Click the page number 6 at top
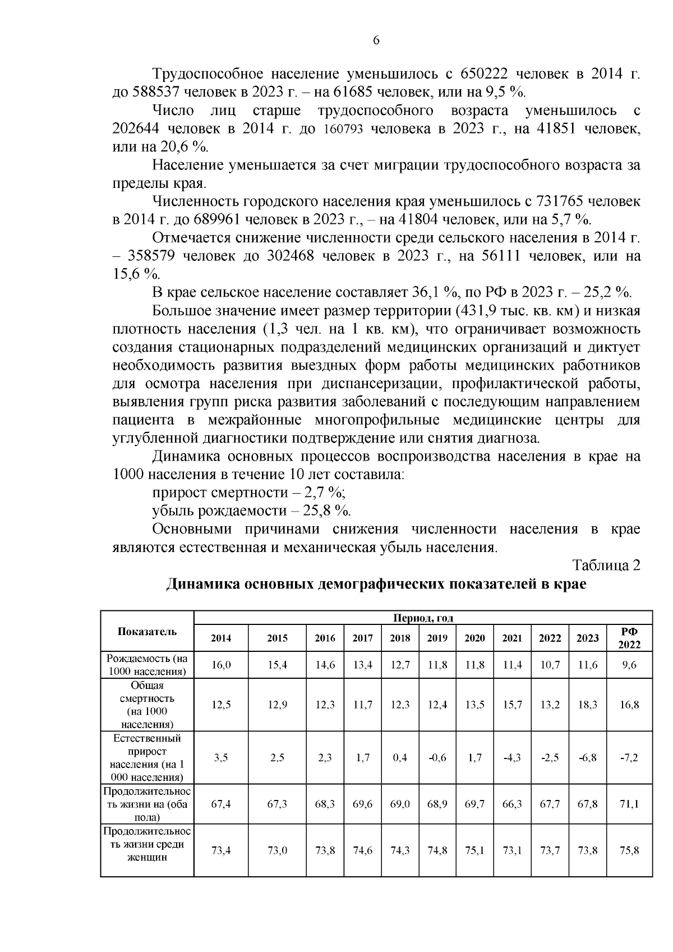[376, 40]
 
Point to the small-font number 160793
[344, 130]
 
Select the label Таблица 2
[606, 565]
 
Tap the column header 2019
[437, 638]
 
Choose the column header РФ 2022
[629, 638]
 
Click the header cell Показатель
[147, 631]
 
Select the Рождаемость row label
[147, 665]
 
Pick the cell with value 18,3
[587, 705]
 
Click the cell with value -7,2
[629, 757]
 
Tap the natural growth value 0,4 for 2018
[400, 757]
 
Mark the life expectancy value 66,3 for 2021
[512, 804]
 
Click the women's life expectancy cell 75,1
[474, 850]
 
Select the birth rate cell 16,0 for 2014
[221, 665]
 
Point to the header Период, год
[423, 618]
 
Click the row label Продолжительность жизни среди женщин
[147, 844]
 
